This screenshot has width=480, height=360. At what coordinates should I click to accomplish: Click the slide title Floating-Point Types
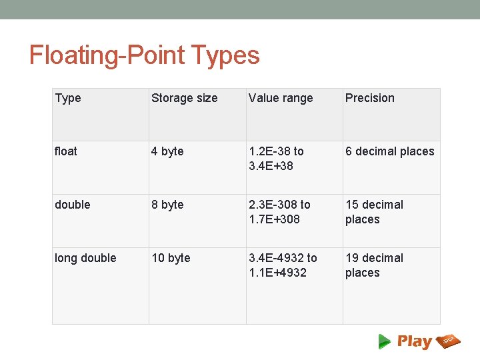point(144,55)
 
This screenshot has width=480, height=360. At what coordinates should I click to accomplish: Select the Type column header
point(68,99)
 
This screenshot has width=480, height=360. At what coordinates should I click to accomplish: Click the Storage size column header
point(184,99)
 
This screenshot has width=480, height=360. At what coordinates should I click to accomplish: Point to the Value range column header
point(280,99)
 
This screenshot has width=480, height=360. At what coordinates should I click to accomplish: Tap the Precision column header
point(369,99)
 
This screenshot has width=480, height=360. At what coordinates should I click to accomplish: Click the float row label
point(66,152)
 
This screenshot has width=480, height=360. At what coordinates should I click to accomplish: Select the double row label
point(72,205)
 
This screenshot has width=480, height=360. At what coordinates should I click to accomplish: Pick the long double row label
point(85,259)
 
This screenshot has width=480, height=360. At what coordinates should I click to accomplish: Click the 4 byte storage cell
point(167,152)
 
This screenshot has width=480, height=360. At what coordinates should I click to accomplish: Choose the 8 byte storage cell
point(167,205)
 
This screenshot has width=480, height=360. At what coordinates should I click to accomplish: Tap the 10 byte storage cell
point(171,259)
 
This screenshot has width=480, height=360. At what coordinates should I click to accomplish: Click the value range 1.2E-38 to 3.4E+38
point(276,159)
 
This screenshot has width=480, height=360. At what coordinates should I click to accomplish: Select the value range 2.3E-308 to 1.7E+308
point(279,212)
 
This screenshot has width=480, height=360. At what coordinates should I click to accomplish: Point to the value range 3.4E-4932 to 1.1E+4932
point(283,265)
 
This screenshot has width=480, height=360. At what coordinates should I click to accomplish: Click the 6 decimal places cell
point(389,152)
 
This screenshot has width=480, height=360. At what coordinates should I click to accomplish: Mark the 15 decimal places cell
point(374,212)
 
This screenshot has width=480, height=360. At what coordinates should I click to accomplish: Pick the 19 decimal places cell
point(374,265)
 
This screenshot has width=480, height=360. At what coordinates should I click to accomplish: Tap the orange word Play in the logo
point(415,342)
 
